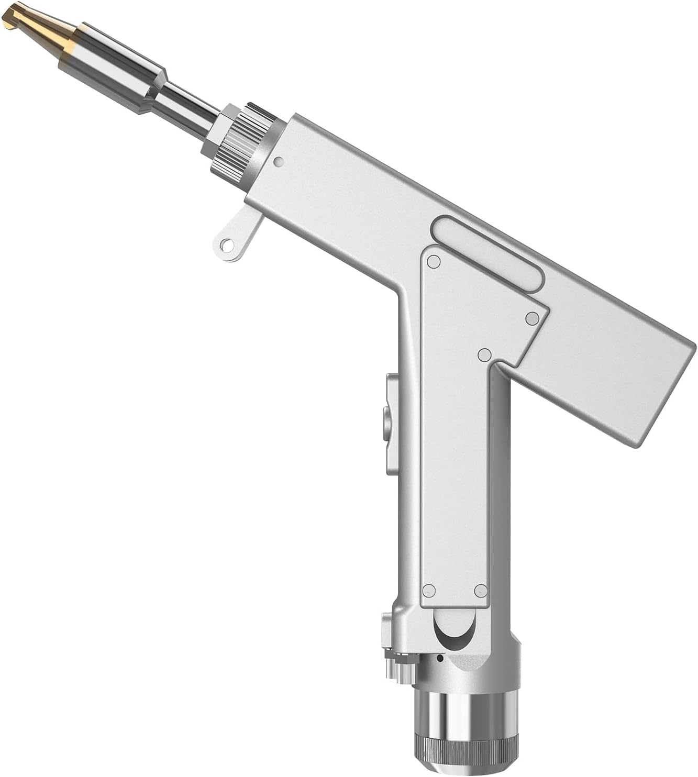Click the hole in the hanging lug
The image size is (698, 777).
[x=226, y=244]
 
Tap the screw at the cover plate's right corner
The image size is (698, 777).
[x=532, y=317]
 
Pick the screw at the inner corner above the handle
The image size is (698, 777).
[x=484, y=355]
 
